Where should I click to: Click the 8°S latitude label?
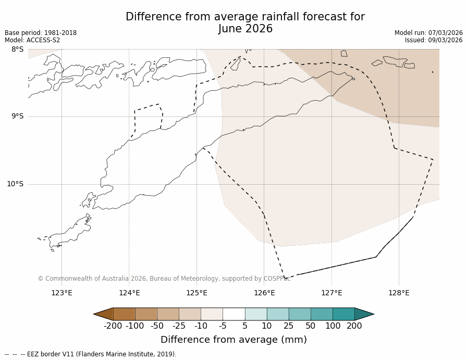click(17, 49)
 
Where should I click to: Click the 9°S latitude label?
click(17, 116)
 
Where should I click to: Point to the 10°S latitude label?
click(15, 184)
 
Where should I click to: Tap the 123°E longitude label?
click(62, 293)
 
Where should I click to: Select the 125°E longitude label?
click(196, 293)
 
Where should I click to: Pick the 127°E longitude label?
click(331, 293)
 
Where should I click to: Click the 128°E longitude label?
click(399, 293)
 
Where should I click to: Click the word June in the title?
click(231, 29)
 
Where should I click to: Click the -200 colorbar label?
click(113, 326)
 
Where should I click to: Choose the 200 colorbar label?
click(354, 326)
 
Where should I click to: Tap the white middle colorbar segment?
click(233, 314)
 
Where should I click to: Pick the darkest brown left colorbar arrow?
click(104, 314)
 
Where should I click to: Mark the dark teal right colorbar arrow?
click(364, 314)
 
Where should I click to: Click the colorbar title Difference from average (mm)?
click(233, 340)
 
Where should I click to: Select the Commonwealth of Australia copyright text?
click(164, 279)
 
